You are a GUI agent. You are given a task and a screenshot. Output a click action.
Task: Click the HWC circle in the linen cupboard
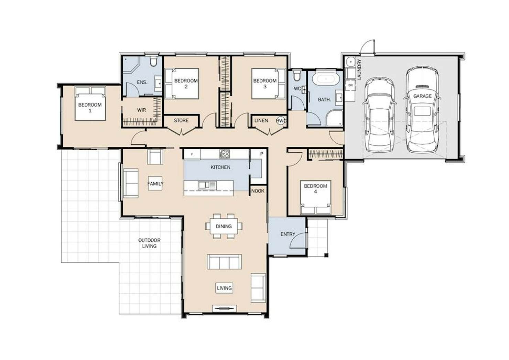[281, 121]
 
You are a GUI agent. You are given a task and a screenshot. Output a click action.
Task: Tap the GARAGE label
[422, 96]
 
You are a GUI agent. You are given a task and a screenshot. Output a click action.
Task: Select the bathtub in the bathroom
[326, 79]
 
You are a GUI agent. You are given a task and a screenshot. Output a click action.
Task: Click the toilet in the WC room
[296, 76]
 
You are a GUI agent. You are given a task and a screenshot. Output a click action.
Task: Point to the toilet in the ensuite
[154, 61]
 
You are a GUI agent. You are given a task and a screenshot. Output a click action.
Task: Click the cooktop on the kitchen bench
[225, 154]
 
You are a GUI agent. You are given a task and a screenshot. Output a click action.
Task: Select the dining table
[224, 226]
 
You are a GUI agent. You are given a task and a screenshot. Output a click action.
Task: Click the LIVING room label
[224, 288]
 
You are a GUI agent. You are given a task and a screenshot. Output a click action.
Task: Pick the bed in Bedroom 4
[315, 197]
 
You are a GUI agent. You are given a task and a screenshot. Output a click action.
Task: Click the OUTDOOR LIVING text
[149, 243]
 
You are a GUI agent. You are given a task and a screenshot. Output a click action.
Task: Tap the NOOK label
[258, 191]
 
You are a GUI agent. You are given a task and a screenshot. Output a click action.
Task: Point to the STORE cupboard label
[181, 121]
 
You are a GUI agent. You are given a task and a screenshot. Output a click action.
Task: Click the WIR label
[142, 110]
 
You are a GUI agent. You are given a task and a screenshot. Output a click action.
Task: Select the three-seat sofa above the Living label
[224, 262]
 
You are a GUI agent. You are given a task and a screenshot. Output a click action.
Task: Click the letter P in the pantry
[262, 154]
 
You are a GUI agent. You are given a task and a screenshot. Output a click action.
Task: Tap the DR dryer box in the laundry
[350, 85]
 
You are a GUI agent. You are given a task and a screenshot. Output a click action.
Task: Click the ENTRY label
[288, 234]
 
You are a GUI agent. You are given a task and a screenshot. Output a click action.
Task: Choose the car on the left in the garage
[379, 114]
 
